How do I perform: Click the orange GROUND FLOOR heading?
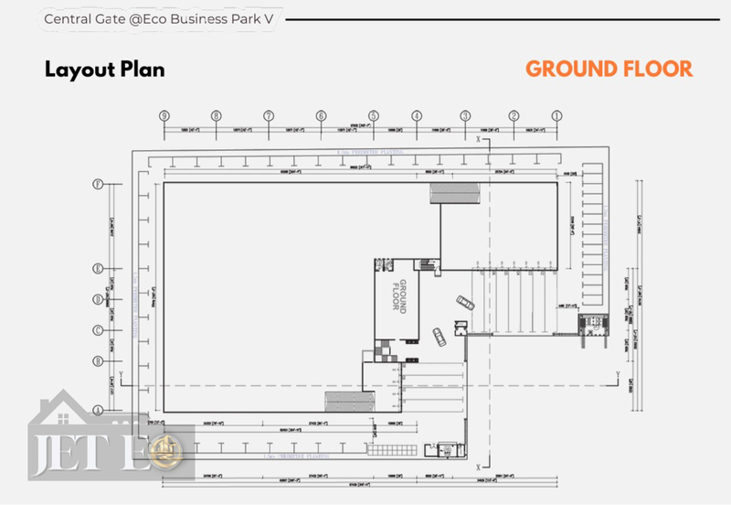pos(609,69)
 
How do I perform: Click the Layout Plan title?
pos(105,70)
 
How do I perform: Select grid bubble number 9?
pos(164,116)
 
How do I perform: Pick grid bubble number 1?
pos(556,116)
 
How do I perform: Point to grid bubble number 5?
pos(374,116)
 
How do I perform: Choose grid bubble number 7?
pos(269,116)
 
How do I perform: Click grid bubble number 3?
pos(465,116)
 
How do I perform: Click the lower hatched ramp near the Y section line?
pos(350,401)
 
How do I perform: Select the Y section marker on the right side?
pos(618,376)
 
